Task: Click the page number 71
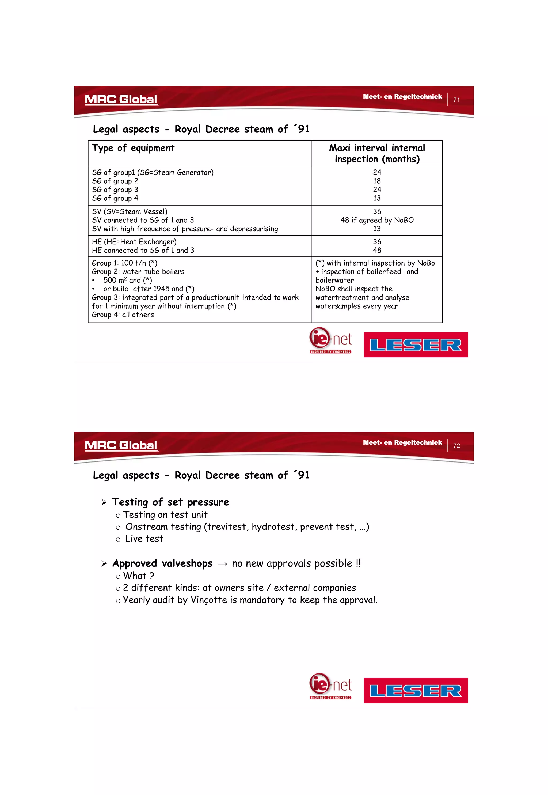tap(456, 100)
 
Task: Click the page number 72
tap(456, 445)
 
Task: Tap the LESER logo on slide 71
tap(416, 344)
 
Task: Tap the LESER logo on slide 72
tap(416, 690)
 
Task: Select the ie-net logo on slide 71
tap(330, 340)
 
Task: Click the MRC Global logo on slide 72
tap(121, 445)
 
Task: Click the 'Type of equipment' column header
tap(133, 148)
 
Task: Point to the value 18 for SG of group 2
tap(377, 181)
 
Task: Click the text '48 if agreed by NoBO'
tap(377, 220)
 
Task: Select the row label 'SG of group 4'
tap(115, 198)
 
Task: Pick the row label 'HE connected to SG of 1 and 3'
tap(143, 250)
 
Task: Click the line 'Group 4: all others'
tap(123, 315)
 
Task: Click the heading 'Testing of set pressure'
tap(170, 502)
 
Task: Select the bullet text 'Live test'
tap(144, 539)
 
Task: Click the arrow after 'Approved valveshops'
tap(222, 564)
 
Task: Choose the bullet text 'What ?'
tap(138, 576)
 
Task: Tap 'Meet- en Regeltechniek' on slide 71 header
tap(402, 97)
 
